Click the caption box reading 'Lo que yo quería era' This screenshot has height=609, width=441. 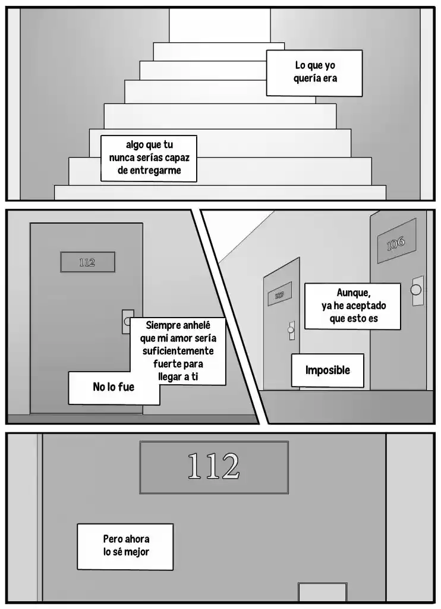314,73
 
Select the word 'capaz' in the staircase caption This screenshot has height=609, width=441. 177,158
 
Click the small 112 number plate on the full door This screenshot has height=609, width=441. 87,262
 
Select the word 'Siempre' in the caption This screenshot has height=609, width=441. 162,325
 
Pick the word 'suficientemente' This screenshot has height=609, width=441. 178,351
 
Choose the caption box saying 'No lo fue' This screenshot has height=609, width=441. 114,388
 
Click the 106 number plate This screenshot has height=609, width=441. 396,243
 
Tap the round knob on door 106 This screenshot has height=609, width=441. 416,290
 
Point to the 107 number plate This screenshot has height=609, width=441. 279,295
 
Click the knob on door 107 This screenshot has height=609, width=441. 291,330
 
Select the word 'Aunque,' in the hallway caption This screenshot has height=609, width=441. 353,293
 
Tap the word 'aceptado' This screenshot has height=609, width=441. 366,306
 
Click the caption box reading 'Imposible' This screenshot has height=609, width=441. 327,370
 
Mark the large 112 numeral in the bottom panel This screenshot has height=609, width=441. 213,466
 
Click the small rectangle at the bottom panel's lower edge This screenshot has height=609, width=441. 322,592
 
